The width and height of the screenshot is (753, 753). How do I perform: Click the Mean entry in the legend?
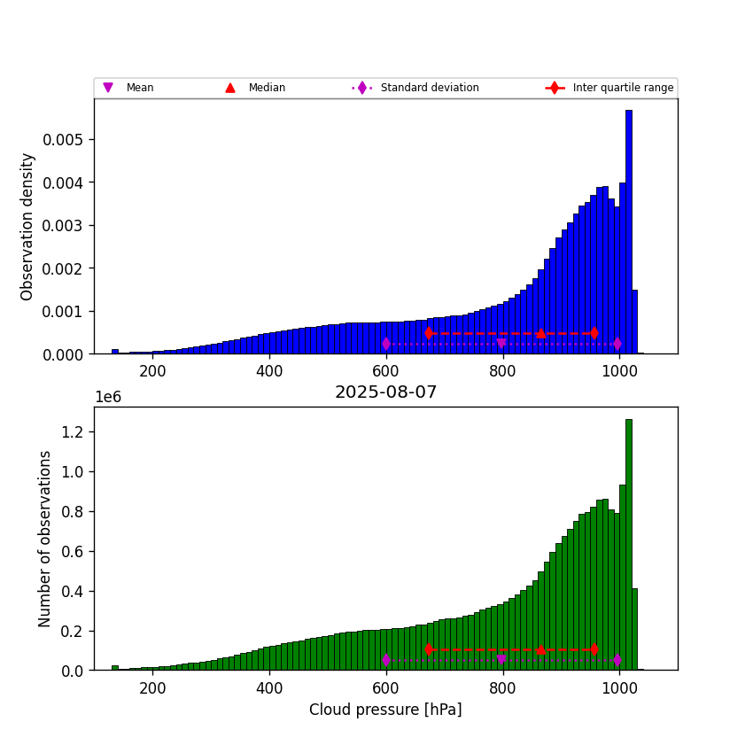pos(139,88)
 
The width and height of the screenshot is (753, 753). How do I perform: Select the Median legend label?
pos(267,88)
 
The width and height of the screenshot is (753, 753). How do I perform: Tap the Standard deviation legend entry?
pos(429,88)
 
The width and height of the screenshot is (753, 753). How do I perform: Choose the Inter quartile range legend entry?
pos(623,88)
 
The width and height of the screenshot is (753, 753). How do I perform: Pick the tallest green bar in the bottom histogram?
pos(628,545)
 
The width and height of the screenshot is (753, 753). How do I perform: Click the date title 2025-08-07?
pos(385,392)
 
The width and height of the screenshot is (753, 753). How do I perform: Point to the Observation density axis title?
pos(27,226)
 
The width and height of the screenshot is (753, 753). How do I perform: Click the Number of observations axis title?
pos(45,539)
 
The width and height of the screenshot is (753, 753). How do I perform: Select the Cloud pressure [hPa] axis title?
pos(385,710)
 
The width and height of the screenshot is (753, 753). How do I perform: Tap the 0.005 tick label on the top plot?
pos(66,140)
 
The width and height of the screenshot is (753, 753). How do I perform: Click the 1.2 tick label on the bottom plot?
pos(74,432)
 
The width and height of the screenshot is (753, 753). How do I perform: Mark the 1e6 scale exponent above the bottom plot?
pos(108,397)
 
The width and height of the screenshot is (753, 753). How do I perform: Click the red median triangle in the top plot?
pos(540,333)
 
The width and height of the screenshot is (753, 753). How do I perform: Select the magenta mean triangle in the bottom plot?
pos(501,660)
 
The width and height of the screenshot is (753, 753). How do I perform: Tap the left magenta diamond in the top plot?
pos(386,344)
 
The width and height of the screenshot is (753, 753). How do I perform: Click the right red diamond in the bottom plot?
pos(594,649)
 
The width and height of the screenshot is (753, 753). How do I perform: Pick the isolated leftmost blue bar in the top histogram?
pos(114,351)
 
